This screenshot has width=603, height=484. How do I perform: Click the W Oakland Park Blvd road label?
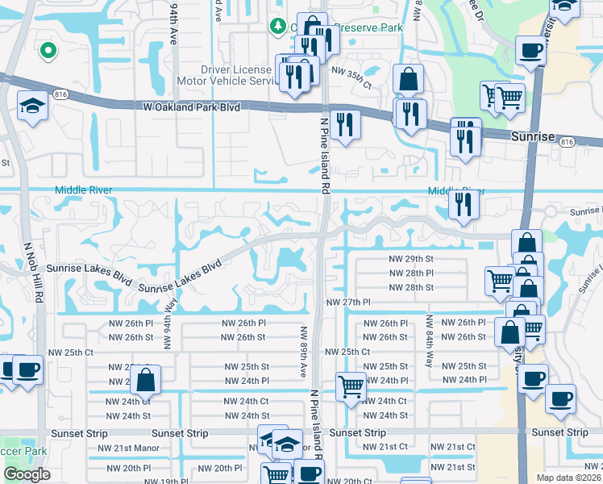(x=192, y=106)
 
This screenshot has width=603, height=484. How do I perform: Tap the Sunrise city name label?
(x=533, y=137)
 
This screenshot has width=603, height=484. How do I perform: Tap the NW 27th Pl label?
(x=347, y=302)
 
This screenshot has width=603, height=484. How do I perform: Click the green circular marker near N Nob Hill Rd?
(x=48, y=50)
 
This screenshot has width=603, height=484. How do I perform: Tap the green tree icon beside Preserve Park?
(x=279, y=27)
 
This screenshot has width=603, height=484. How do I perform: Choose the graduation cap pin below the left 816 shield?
(x=32, y=106)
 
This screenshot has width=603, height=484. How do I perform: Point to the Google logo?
(x=27, y=474)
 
